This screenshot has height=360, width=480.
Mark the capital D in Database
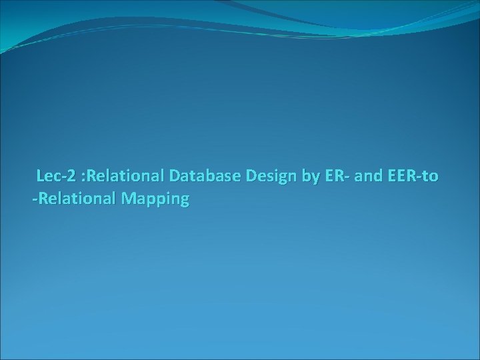175,177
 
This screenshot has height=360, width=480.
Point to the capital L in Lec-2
41,177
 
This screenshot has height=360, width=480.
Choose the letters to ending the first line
431,177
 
